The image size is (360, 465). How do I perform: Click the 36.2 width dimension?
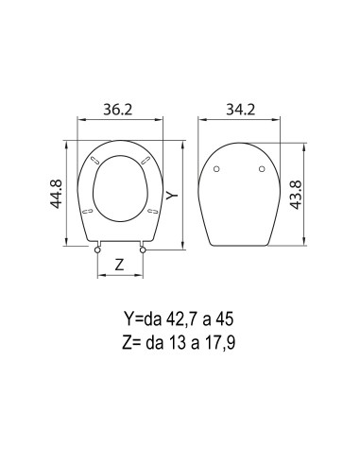click(118, 110)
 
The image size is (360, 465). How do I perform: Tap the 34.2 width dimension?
click(240, 110)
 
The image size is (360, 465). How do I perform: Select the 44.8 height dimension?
click(57, 194)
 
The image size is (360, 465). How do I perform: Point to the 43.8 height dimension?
click(296, 195)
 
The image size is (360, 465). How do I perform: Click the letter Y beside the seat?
click(172, 196)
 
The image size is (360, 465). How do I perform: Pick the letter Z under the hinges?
click(119, 265)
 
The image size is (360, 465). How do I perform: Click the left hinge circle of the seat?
click(97, 250)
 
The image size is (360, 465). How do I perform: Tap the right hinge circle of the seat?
click(143, 250)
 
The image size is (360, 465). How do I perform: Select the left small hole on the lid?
click(216, 169)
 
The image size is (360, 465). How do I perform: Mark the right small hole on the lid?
click(262, 169)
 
